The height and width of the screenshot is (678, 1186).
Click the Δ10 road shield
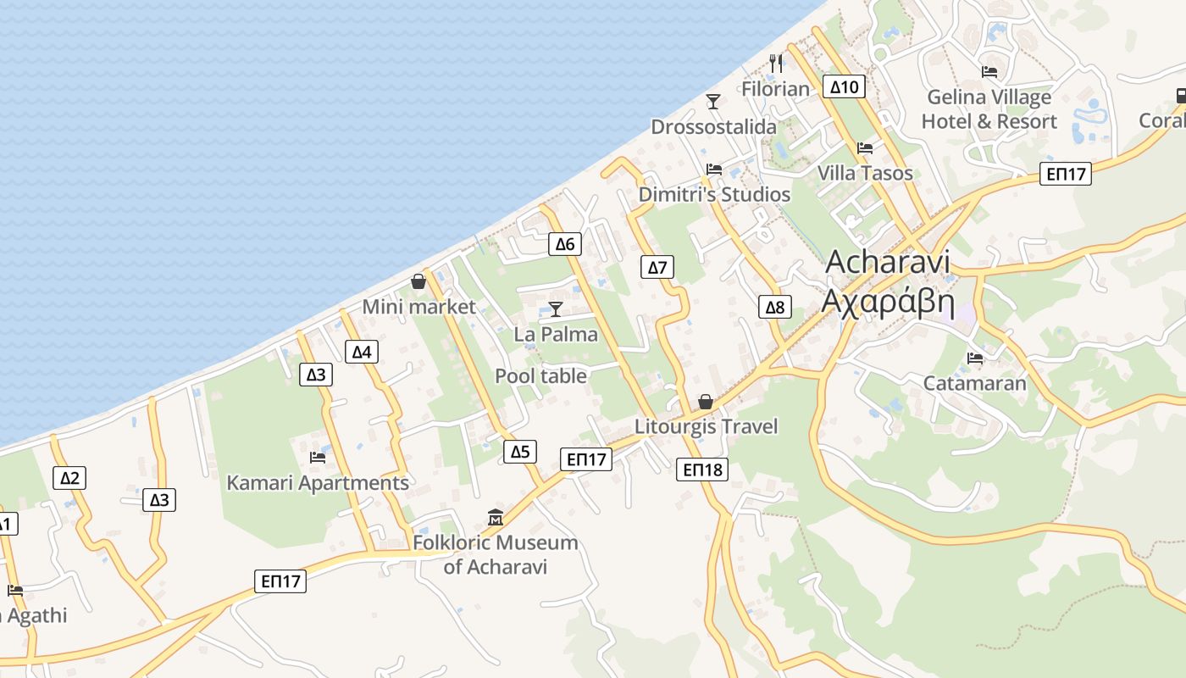pyautogui.click(x=844, y=86)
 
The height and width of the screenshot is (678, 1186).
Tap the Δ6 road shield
pyautogui.click(x=564, y=244)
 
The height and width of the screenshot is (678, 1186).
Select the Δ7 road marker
pyautogui.click(x=657, y=268)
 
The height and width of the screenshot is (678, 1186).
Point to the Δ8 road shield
pyautogui.click(x=775, y=307)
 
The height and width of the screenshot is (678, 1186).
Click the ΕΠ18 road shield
pyautogui.click(x=702, y=470)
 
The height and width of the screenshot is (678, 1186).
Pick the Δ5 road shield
pyautogui.click(x=519, y=452)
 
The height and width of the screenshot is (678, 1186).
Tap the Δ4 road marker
pyautogui.click(x=362, y=352)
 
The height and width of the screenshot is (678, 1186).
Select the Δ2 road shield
pyautogui.click(x=69, y=478)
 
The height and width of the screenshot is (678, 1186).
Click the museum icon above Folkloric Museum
pyautogui.click(x=496, y=517)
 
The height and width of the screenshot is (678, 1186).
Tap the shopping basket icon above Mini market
pyautogui.click(x=418, y=281)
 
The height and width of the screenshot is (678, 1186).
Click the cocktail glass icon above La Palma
pyautogui.click(x=556, y=309)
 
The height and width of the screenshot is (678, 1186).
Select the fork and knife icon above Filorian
pyautogui.click(x=776, y=64)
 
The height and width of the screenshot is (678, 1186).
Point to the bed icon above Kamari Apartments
pyautogui.click(x=318, y=458)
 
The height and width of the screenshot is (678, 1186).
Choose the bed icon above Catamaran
pyautogui.click(x=975, y=358)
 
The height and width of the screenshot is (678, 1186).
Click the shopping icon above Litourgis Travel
pyautogui.click(x=706, y=402)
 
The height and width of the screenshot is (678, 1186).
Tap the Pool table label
pyautogui.click(x=540, y=375)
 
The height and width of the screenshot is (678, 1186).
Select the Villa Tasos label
pyautogui.click(x=865, y=173)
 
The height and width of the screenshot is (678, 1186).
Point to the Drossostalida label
pyautogui.click(x=713, y=127)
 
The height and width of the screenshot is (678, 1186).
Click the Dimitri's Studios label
pyautogui.click(x=714, y=194)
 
